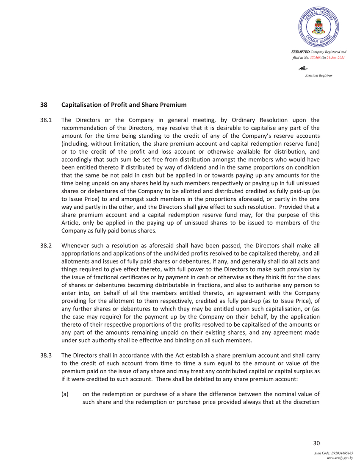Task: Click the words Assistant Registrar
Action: click(318, 75)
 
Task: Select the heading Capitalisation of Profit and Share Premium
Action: click(124, 104)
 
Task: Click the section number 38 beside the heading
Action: click(43, 104)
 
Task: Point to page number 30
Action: click(316, 444)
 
